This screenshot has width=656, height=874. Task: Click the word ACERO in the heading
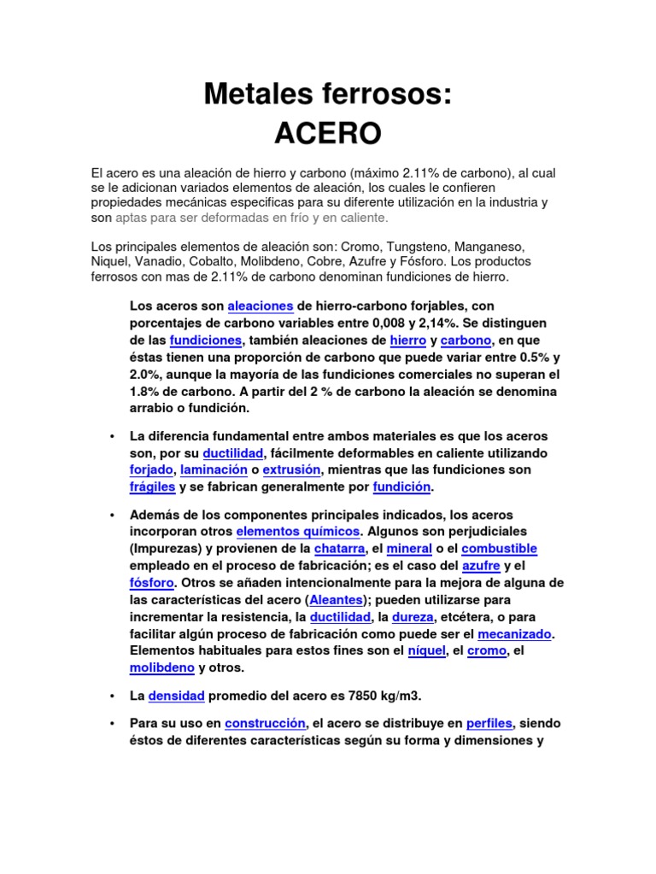coord(327,133)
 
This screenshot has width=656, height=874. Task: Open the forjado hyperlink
coord(151,470)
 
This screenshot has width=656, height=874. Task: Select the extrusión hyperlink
coord(291,470)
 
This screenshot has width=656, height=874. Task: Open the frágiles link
coord(152,487)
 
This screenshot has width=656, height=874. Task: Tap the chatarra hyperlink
coord(339,548)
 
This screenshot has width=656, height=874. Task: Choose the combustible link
coord(499,548)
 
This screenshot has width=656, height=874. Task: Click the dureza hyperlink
coord(412,616)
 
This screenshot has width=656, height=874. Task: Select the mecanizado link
coord(515,634)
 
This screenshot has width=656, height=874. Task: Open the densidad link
coord(176,696)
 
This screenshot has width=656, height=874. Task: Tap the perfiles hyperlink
coord(489,723)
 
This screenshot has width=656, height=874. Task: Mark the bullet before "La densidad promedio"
coord(112,696)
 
